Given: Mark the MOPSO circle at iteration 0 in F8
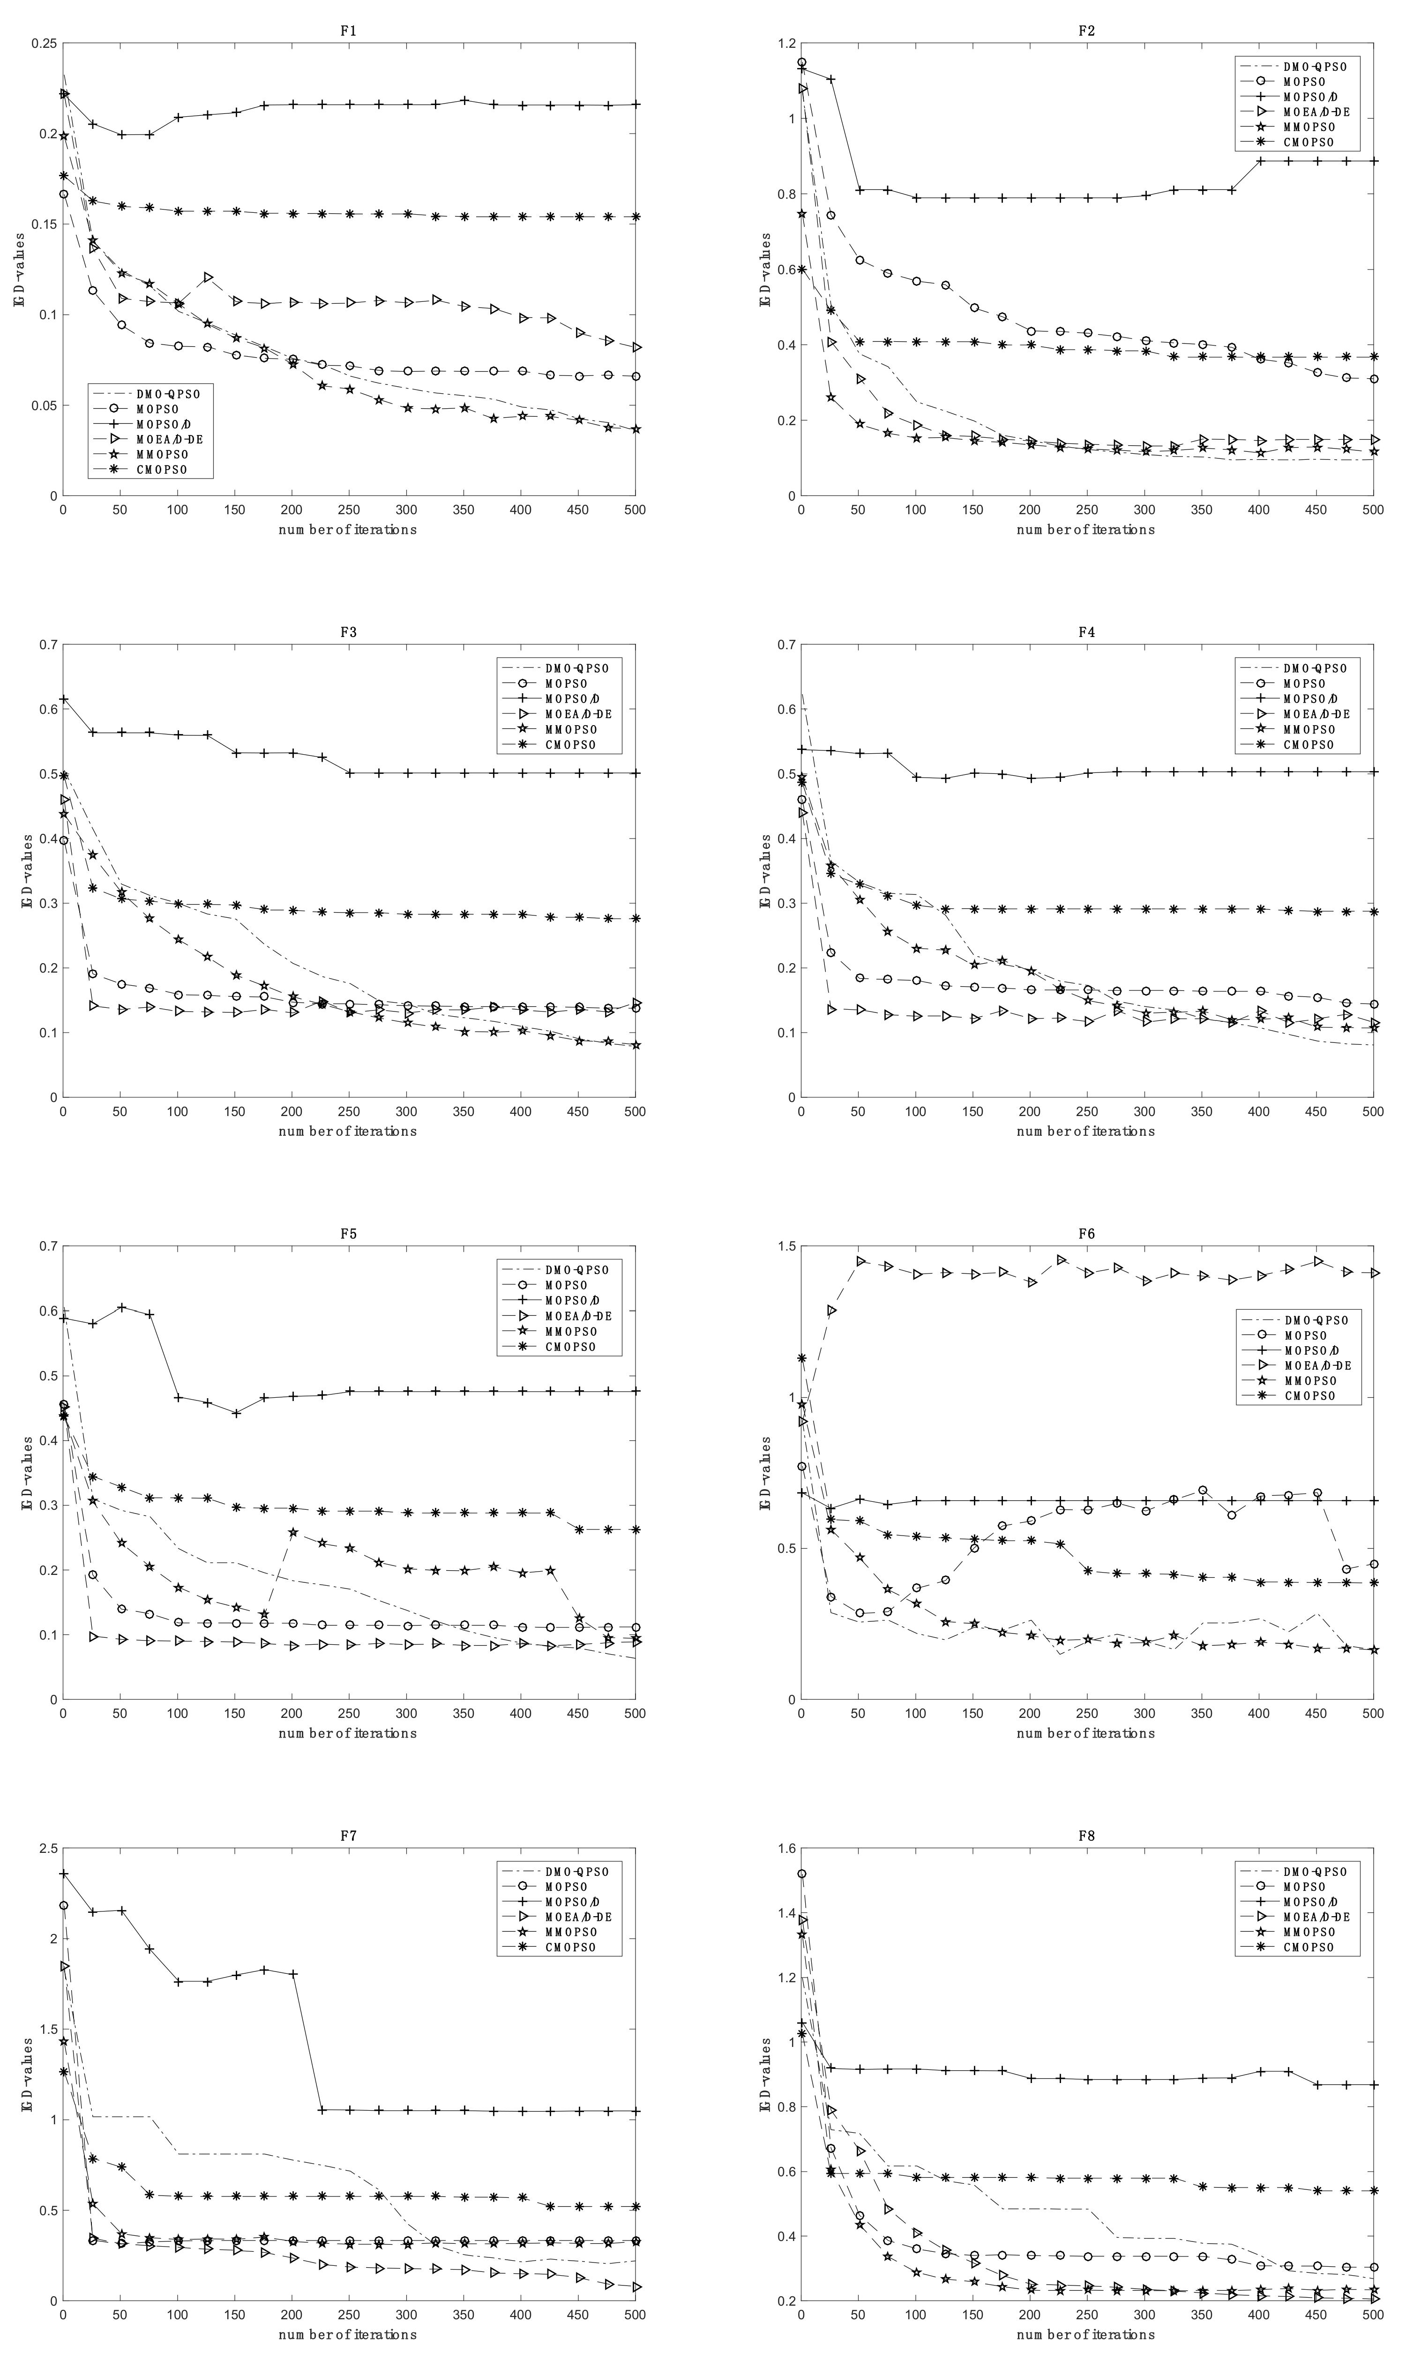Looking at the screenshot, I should (x=801, y=1873).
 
